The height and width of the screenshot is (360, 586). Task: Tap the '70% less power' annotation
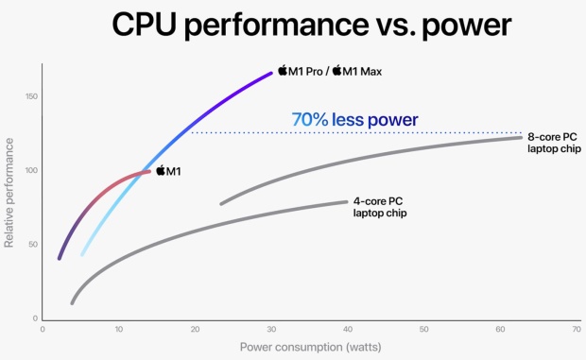coord(354,120)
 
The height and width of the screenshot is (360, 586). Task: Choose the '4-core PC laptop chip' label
coord(380,207)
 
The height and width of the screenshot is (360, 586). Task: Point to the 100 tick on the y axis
coord(30,171)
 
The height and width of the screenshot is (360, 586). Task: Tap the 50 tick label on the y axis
coord(32,245)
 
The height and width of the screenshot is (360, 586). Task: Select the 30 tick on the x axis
coord(271,330)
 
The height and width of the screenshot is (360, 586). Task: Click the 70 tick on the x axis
coord(577,330)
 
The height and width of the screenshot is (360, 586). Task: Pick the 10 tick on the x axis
coord(118,330)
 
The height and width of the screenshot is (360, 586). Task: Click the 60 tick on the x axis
coord(501,330)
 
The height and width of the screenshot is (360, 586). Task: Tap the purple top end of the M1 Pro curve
coord(270,73)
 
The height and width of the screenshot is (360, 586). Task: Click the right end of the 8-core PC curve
coord(521,138)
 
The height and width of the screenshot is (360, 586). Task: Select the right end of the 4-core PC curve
coord(346,201)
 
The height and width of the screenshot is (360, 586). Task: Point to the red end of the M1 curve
coord(148,171)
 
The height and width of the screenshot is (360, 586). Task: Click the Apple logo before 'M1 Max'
coord(336,71)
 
